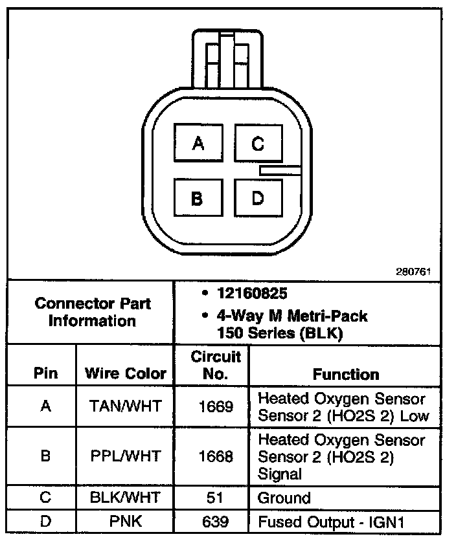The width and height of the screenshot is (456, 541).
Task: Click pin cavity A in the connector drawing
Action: tap(198, 143)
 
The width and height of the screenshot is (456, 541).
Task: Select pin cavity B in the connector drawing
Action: tap(198, 199)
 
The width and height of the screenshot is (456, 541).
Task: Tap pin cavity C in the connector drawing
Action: tap(258, 143)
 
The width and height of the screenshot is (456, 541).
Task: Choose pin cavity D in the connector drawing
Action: tap(258, 199)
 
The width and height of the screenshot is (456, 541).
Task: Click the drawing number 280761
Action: tap(413, 272)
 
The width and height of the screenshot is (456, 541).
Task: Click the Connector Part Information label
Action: tap(93, 312)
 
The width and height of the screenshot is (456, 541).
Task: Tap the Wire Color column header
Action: tap(126, 373)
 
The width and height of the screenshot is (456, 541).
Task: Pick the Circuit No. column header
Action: tap(216, 365)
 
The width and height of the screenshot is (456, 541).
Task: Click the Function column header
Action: tap(346, 374)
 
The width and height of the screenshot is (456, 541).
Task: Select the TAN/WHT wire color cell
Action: tap(126, 406)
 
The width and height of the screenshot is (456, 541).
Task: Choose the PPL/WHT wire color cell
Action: tap(126, 456)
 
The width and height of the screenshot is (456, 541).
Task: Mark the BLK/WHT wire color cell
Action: tap(126, 498)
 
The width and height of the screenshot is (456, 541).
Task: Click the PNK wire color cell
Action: tap(126, 521)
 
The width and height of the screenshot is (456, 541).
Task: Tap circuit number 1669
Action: tap(216, 406)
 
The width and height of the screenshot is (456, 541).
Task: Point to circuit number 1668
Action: tap(216, 456)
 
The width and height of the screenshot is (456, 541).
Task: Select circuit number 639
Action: tap(216, 521)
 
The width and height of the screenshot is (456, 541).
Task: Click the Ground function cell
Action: tap(284, 498)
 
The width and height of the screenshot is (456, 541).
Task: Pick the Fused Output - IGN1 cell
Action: tap(330, 521)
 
